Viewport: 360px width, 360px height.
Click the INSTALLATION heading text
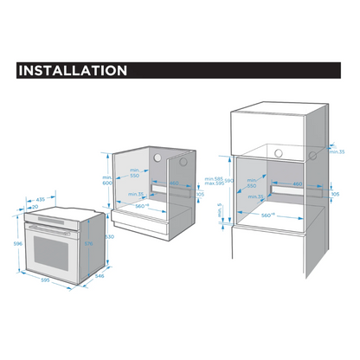tap(73, 70)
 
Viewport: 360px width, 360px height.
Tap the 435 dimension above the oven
tap(41, 199)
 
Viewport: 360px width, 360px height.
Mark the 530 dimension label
tap(110, 236)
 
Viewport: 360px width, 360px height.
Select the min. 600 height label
tap(107, 178)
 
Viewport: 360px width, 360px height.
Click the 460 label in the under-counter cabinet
tap(173, 183)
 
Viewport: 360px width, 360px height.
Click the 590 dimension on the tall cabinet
tap(229, 180)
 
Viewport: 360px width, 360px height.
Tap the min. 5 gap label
tap(220, 211)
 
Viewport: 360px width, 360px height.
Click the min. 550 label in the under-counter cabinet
tap(135, 173)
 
